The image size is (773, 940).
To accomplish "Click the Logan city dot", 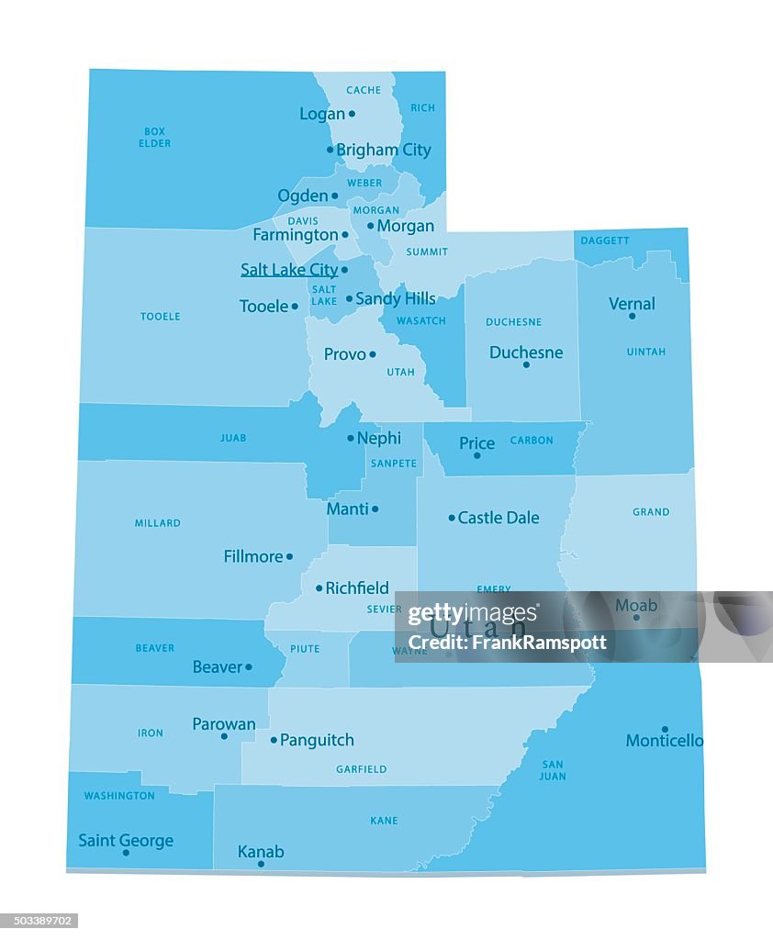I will tap(352, 114).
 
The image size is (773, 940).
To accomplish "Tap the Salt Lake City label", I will tap(289, 270).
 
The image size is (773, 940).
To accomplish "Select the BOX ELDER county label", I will tap(154, 138).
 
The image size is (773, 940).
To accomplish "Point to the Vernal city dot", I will tap(632, 316).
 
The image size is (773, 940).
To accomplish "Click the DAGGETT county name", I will tap(605, 241).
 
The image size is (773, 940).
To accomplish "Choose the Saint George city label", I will tap(126, 840).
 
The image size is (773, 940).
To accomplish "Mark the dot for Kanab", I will tap(261, 864).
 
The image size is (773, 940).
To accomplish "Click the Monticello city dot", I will tap(665, 729).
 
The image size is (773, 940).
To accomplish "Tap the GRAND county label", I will tap(651, 512).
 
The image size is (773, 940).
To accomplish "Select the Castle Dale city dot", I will tap(452, 518).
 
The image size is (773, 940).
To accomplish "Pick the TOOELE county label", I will tap(161, 317).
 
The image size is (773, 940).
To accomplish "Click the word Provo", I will tap(345, 354).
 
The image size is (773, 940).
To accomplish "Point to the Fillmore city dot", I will tap(289, 556).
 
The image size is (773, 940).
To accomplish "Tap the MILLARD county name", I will tap(158, 523).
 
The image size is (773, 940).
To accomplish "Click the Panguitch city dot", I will tap(274, 740).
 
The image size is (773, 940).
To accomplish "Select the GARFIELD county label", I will tap(361, 769).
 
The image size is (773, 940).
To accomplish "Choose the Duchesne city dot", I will tap(526, 364).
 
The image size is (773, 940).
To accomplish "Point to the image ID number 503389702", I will tap(39, 921).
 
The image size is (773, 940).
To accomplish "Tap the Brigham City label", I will tap(383, 150).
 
